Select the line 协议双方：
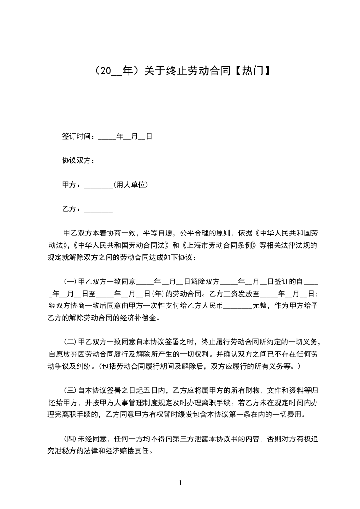pos(78,161)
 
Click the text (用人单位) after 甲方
pos(130,185)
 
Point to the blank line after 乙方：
pos(99,210)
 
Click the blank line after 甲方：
pos(99,185)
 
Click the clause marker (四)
pos(71,440)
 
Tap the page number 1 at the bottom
pos(180,483)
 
